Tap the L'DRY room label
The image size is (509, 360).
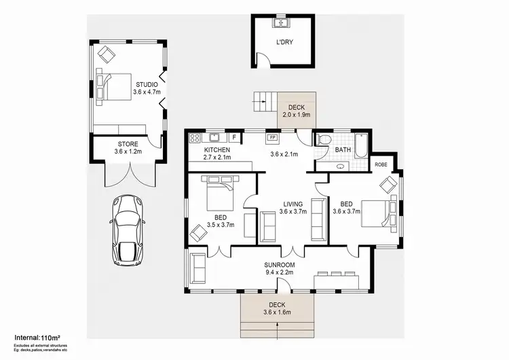tap(284, 43)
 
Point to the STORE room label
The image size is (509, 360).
tap(127, 143)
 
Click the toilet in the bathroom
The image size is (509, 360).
tap(324, 141)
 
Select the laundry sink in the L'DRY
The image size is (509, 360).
tap(281, 24)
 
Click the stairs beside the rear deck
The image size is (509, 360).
tap(265, 103)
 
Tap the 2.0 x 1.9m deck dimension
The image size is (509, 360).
tap(296, 115)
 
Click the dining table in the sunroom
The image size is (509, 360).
tap(336, 279)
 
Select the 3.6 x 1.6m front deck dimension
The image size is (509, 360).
tap(277, 312)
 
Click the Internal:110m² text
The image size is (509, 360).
tap(38, 336)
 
